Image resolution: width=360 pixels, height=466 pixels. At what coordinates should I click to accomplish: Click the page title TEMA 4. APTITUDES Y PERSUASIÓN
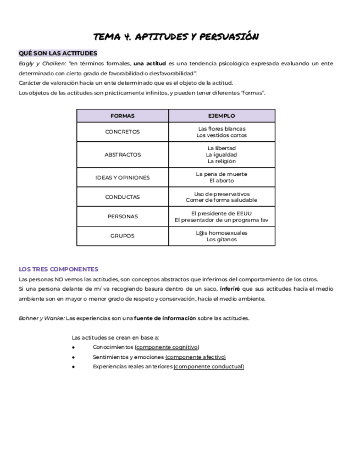pyautogui.click(x=176, y=37)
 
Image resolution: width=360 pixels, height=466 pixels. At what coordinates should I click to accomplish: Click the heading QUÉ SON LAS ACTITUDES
pyautogui.click(x=58, y=53)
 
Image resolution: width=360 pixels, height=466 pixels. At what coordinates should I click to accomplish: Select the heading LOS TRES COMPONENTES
pyautogui.click(x=58, y=269)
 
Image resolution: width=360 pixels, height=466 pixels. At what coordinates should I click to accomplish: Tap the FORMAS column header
pyautogui.click(x=122, y=116)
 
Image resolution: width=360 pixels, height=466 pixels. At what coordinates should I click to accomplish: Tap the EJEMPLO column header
pyautogui.click(x=221, y=116)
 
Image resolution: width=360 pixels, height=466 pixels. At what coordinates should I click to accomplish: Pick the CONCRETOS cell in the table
pyautogui.click(x=122, y=132)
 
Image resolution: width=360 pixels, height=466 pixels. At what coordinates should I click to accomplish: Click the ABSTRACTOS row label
pyautogui.click(x=122, y=155)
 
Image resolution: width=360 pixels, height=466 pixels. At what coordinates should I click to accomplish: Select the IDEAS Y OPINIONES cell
pyautogui.click(x=122, y=177)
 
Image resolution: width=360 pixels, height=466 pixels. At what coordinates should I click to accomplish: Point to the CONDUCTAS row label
pyautogui.click(x=122, y=197)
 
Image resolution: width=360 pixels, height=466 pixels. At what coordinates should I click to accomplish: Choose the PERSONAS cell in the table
pyautogui.click(x=122, y=217)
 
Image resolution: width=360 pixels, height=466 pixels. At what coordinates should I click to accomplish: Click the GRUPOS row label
pyautogui.click(x=122, y=236)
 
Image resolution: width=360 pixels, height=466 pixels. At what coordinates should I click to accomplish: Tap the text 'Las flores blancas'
pyautogui.click(x=221, y=129)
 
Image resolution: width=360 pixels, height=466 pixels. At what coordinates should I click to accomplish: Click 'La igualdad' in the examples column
pyautogui.click(x=221, y=155)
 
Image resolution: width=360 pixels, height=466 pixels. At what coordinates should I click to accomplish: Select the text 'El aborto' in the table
pyautogui.click(x=221, y=181)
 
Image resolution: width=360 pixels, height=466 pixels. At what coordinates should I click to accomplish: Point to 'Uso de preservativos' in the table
pyautogui.click(x=221, y=193)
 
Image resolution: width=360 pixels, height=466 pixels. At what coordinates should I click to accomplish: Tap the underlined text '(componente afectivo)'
pyautogui.click(x=195, y=357)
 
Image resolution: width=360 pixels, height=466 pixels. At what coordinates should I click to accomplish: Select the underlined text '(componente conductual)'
pyautogui.click(x=208, y=367)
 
